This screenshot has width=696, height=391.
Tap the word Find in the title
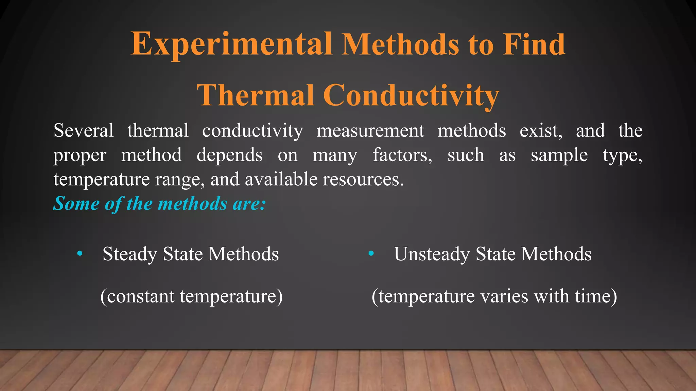tap(534, 44)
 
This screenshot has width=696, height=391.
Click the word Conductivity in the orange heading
tap(411, 95)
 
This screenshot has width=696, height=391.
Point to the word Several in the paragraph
tap(84, 131)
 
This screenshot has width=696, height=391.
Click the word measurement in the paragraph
tap(370, 131)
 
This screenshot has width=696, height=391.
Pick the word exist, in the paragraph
tap(541, 131)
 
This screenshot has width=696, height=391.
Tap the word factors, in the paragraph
tap(402, 155)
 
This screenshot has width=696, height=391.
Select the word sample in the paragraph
tap(559, 155)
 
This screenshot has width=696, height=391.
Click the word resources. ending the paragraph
tap(363, 179)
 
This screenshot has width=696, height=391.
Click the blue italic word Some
tap(76, 204)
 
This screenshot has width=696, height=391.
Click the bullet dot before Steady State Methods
tap(80, 253)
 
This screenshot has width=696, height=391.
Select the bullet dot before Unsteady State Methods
tap(371, 253)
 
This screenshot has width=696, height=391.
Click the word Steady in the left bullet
tap(130, 254)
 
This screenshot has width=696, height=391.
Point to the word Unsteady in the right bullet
tap(432, 254)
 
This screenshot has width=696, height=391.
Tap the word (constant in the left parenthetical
tap(137, 296)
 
